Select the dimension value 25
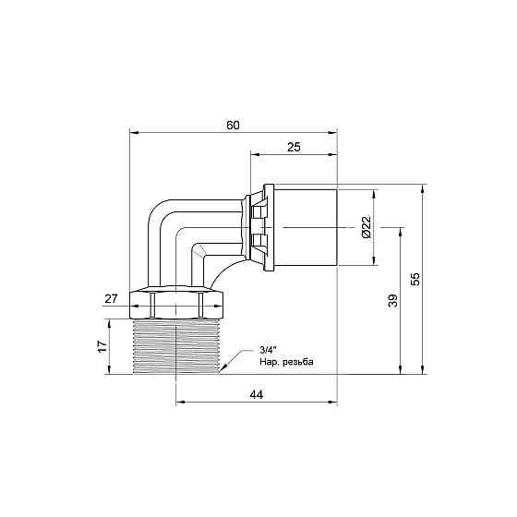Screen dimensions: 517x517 tap(294, 148)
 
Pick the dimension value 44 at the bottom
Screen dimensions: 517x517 tap(257, 394)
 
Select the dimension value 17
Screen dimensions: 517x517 tap(102, 347)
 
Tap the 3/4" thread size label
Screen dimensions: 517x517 tap(269, 349)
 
